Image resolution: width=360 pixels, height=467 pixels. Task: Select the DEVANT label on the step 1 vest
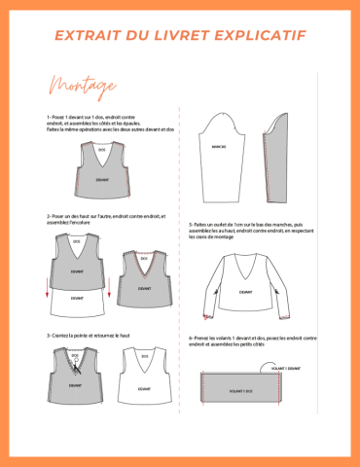(x=102, y=180)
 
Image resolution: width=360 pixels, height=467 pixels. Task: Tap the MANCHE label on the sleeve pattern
(x=218, y=148)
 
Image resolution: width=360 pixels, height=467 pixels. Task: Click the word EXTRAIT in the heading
(x=86, y=36)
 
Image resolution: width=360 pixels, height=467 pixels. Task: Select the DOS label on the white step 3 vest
(x=143, y=357)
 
